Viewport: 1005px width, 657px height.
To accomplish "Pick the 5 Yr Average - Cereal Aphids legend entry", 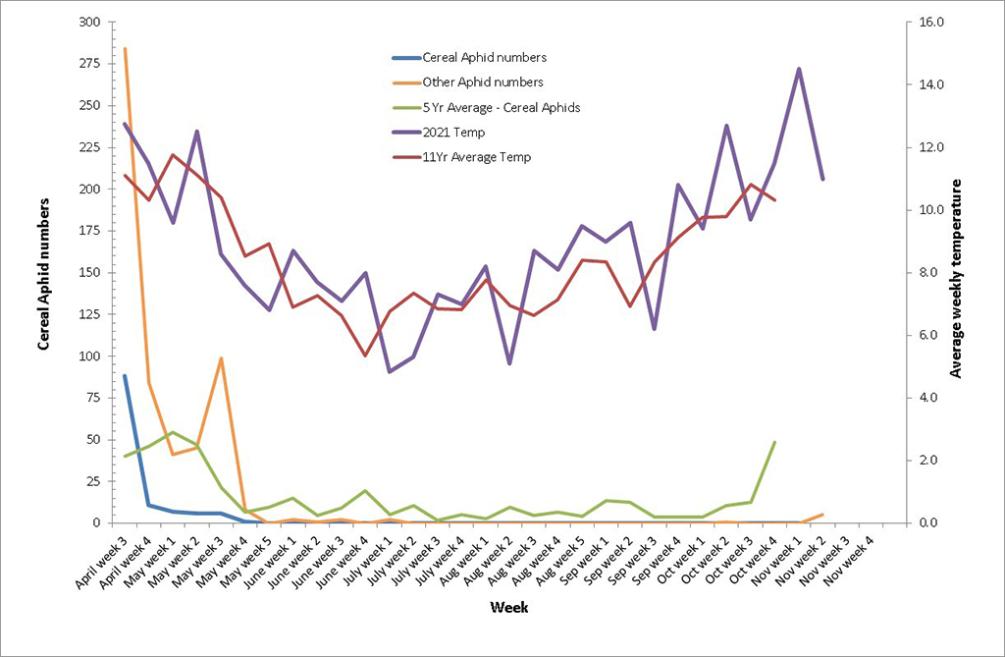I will [501, 107].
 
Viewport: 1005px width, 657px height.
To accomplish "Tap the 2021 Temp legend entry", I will [452, 132].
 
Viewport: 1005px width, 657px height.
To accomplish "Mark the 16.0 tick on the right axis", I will [928, 23].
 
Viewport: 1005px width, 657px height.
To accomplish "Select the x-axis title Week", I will [510, 608].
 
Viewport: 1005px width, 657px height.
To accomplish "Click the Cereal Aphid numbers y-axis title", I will [44, 273].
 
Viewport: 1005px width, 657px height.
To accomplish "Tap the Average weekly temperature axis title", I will [957, 278].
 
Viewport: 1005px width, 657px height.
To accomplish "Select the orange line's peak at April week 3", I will [125, 48].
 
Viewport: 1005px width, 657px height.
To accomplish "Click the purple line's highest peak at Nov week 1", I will [799, 69].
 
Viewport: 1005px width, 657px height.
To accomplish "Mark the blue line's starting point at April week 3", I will [125, 376].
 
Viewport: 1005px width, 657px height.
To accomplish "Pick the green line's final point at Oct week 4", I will [775, 442].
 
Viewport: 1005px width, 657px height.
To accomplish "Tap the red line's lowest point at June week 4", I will [365, 356].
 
